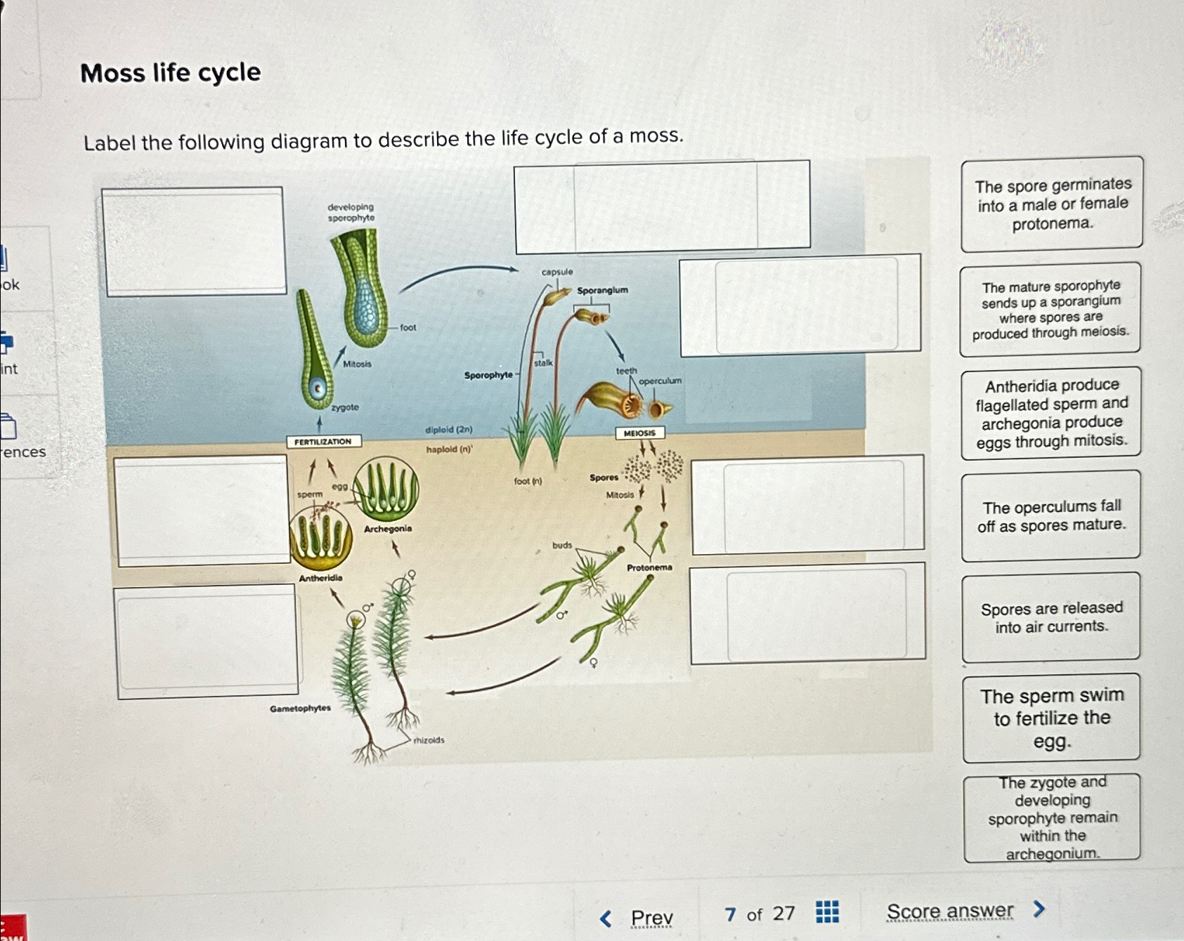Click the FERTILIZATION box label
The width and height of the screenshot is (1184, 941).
coord(323,442)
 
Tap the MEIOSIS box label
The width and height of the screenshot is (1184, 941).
coord(639,433)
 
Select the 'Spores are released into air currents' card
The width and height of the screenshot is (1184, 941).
coord(1051,617)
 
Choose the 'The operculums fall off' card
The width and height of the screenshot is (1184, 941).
coord(1051,515)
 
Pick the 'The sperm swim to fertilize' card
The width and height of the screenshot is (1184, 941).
coord(1051,718)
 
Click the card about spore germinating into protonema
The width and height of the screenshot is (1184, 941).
coord(1052,204)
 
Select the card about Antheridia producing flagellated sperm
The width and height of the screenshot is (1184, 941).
coord(1051,414)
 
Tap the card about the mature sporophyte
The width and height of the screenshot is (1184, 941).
coord(1050,309)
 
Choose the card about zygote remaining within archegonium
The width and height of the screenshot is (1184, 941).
coord(1052,817)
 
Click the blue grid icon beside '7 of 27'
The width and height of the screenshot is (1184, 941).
coord(827,912)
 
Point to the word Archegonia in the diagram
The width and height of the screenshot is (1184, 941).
coord(388,529)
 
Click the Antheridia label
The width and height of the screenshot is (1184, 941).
coord(320,578)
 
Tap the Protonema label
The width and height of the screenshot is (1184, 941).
coord(649,567)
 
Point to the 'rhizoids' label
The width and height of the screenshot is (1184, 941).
coord(429,740)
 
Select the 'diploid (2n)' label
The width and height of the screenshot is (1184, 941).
coord(448,430)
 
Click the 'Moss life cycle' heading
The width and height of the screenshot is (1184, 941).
coord(171,73)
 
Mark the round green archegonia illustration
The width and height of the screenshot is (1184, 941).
coord(386,489)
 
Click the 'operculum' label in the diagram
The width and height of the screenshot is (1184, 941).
coord(660,381)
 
